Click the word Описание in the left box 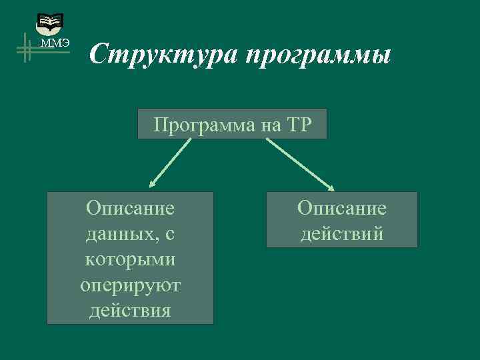131,208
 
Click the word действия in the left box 131,310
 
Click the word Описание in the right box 342,208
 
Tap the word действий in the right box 342,233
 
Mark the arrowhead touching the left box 152,185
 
